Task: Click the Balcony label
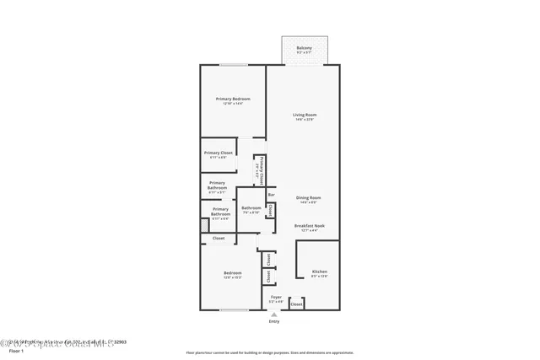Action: [x=304, y=48]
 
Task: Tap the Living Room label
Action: [x=305, y=115]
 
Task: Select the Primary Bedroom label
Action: [x=233, y=99]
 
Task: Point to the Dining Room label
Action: [x=308, y=198]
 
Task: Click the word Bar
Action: [x=271, y=196]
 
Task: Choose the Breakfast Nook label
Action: [x=310, y=225]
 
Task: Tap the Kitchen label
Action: [x=319, y=271]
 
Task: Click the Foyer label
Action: [x=276, y=297]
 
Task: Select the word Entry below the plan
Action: [x=274, y=321]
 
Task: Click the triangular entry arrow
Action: [x=273, y=314]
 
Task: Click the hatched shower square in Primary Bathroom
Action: [x=204, y=225]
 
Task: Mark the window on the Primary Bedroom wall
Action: [x=233, y=66]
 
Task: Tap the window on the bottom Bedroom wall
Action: [x=233, y=310]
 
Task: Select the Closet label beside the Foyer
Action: [x=296, y=304]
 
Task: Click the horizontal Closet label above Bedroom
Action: [x=218, y=239]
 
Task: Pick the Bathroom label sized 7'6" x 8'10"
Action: [x=251, y=208]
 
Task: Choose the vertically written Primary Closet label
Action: [x=262, y=169]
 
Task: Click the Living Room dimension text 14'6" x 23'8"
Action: [x=305, y=120]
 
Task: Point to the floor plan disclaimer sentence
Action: [x=270, y=352]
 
